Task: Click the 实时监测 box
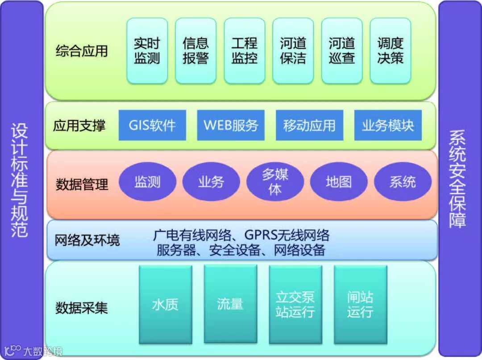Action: pos(147,50)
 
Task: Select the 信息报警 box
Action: pos(195,50)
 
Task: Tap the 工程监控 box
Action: pos(244,50)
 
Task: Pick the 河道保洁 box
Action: pos(293,50)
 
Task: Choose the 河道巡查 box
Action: pos(341,50)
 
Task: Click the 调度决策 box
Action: pos(390,50)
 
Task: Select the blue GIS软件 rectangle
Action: pos(152,125)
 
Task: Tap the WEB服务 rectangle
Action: pos(231,125)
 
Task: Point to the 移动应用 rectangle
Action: pos(309,125)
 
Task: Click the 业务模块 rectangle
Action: pos(388,125)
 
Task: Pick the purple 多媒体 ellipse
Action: pos(275,182)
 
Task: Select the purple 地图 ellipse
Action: pos(339,182)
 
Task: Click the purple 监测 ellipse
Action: pos(147,182)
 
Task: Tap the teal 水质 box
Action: pos(165,305)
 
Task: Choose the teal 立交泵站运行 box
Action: pos(295,305)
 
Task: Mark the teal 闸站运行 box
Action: pos(360,305)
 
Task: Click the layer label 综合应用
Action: pos(82,50)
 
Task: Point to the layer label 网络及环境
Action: pos(87,241)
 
